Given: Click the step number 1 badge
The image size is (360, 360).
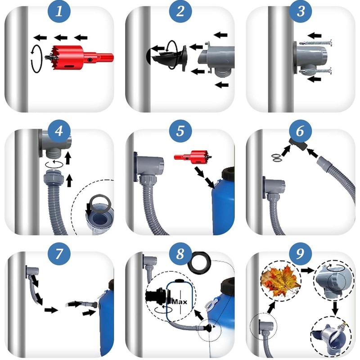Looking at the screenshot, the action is (x=59, y=11).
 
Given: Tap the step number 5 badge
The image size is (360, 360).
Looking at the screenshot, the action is (x=180, y=131).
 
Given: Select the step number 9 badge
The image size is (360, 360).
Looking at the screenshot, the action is (x=301, y=253).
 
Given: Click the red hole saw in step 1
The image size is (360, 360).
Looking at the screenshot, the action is (x=79, y=58).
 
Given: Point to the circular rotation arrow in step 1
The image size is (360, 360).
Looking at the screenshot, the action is (x=37, y=59).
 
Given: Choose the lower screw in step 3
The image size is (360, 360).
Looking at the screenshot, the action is (x=316, y=71).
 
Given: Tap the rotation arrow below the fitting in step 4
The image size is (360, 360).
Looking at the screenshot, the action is (x=54, y=164).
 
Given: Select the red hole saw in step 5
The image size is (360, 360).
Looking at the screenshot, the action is (x=193, y=157).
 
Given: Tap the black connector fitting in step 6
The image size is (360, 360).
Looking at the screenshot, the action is (x=298, y=144).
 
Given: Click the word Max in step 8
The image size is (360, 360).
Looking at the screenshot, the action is (x=180, y=301).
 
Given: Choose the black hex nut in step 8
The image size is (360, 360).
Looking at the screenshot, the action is (x=199, y=262).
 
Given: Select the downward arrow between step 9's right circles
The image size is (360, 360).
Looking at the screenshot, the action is (x=335, y=308).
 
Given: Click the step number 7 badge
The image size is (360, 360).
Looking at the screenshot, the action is (x=59, y=253).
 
